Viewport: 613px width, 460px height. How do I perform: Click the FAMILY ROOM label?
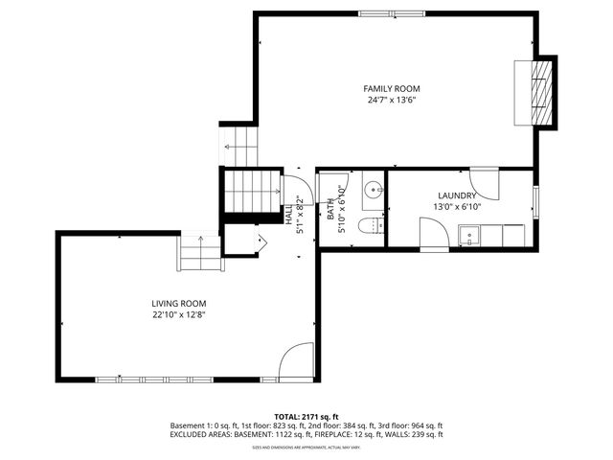coord(392,88)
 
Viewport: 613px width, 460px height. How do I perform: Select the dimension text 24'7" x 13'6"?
coord(392,100)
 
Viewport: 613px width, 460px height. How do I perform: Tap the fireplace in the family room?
coord(542,91)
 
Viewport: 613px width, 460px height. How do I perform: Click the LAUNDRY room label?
coord(457,195)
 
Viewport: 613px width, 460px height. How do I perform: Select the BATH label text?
coord(330,209)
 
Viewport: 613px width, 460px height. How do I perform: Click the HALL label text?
coord(289,213)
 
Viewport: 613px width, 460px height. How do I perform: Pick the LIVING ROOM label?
coord(179,303)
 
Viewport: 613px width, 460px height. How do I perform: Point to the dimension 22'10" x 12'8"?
coord(179,314)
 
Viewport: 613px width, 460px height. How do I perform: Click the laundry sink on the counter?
coord(470,235)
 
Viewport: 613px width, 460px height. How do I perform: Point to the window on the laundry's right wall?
coord(536,202)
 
